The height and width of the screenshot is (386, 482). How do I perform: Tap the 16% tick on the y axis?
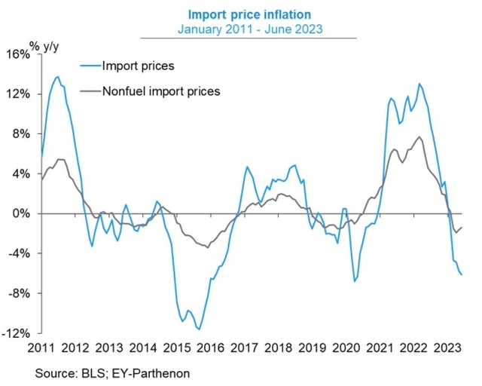[18, 54]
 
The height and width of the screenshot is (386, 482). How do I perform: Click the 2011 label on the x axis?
[41, 348]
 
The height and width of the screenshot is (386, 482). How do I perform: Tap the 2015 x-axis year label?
[176, 348]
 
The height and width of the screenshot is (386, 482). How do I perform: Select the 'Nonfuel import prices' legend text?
[160, 91]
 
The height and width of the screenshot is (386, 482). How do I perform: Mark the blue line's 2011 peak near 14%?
[57, 76]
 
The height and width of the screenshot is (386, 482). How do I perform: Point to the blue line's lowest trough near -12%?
[199, 329]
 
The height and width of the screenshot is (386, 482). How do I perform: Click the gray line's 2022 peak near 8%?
[419, 137]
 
